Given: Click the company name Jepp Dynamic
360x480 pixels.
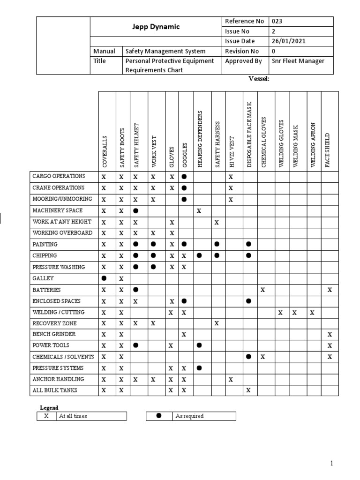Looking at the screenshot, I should [x=156, y=27].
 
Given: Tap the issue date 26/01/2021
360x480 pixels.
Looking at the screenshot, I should [x=288, y=41].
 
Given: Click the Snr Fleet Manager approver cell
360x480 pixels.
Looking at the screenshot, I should [x=298, y=61].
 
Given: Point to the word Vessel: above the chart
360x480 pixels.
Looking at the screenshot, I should [x=259, y=79].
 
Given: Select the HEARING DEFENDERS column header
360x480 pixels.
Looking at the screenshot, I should [x=200, y=139].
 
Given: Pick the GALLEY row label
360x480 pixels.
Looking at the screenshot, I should [x=43, y=278].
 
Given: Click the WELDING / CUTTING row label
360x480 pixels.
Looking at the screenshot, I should [x=58, y=312].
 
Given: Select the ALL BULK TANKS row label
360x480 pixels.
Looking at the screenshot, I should [x=55, y=390].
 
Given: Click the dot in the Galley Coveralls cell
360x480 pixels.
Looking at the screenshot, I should [x=104, y=278].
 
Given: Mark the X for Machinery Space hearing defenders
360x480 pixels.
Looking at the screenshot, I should [x=199, y=211].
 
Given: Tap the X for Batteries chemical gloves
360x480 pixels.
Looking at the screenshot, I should [x=263, y=290].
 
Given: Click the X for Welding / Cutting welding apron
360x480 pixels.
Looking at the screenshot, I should [x=312, y=312].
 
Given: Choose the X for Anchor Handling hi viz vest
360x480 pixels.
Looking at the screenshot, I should [x=231, y=380].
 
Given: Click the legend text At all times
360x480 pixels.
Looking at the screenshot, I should [x=73, y=416].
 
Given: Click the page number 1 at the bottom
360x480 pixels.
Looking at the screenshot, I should [x=331, y=464].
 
